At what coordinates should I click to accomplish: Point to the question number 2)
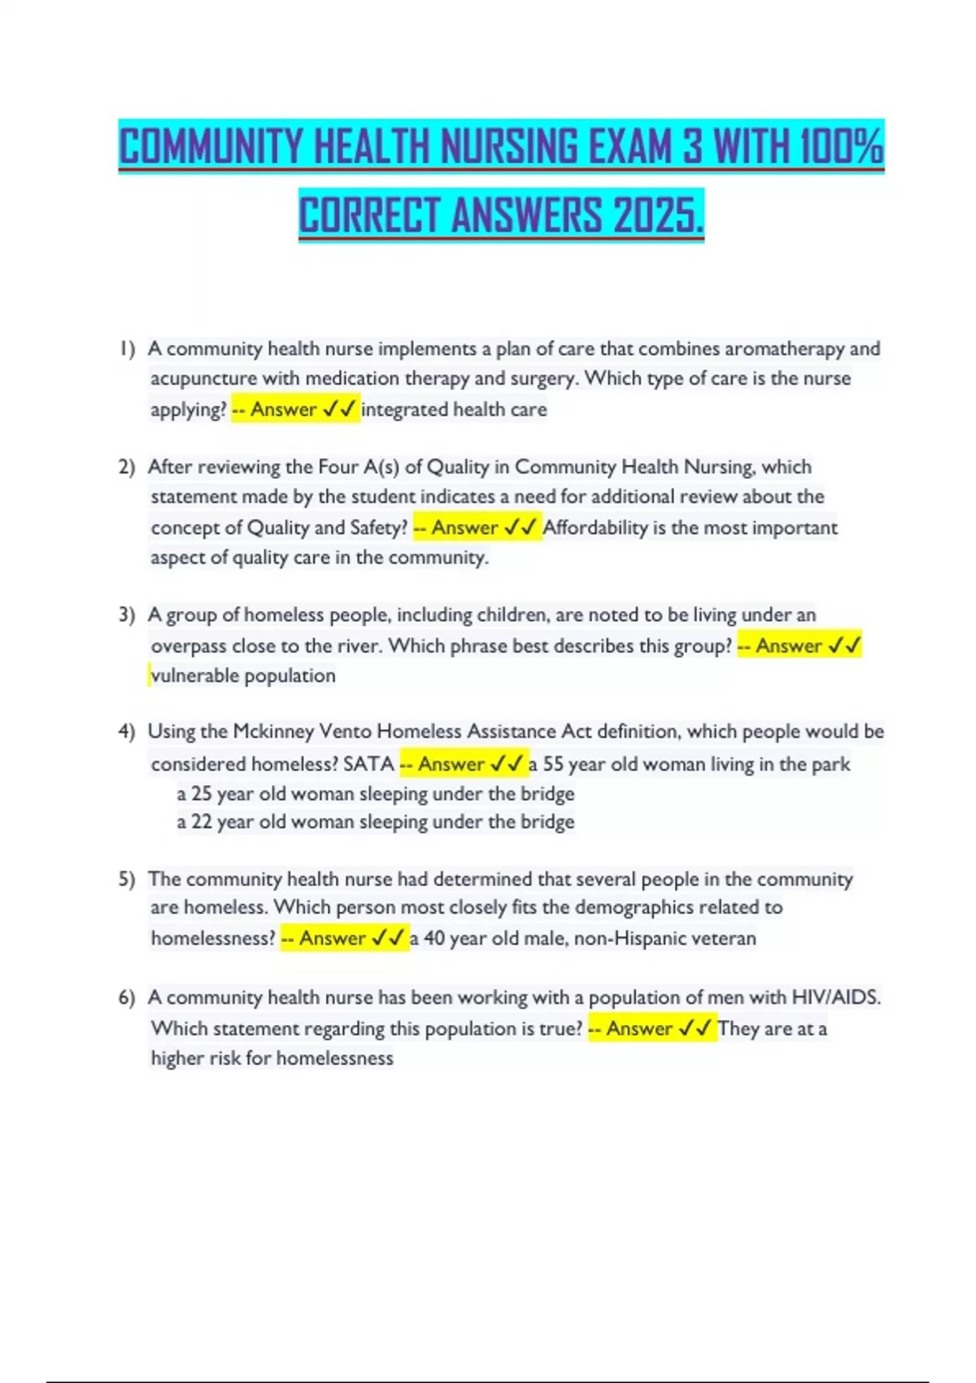point(126,467)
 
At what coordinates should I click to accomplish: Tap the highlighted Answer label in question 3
point(788,646)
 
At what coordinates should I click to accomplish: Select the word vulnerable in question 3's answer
point(194,676)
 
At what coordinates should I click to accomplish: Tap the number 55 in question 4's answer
point(553,765)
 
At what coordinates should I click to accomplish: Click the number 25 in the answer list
point(202,794)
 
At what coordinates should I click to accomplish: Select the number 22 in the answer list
point(202,822)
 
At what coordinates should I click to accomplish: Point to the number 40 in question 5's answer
point(434,939)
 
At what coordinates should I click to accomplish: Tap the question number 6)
point(126,997)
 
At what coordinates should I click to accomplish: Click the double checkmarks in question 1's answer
point(338,409)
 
